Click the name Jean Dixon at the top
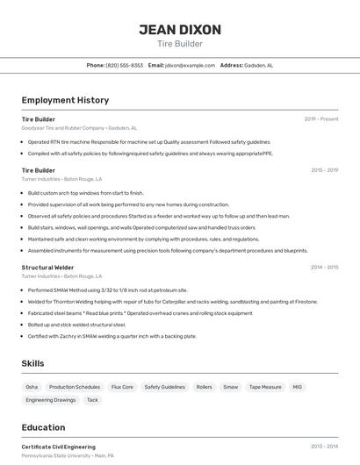point(180,30)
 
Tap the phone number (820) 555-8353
point(124,65)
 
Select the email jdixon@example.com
point(191,65)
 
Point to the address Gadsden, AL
point(259,65)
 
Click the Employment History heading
point(65,100)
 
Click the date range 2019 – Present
point(321,118)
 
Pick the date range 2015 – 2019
point(325,170)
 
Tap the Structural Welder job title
point(47,267)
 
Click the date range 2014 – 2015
point(325,267)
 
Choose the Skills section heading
point(33,363)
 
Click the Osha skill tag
point(32,386)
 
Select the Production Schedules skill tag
point(75,386)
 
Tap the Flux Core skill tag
point(122,386)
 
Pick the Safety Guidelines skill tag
point(165,386)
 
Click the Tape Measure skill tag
point(265,386)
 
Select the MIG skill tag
point(297,386)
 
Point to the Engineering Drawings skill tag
point(51,400)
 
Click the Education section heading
point(43,427)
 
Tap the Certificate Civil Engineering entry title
point(59,447)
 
